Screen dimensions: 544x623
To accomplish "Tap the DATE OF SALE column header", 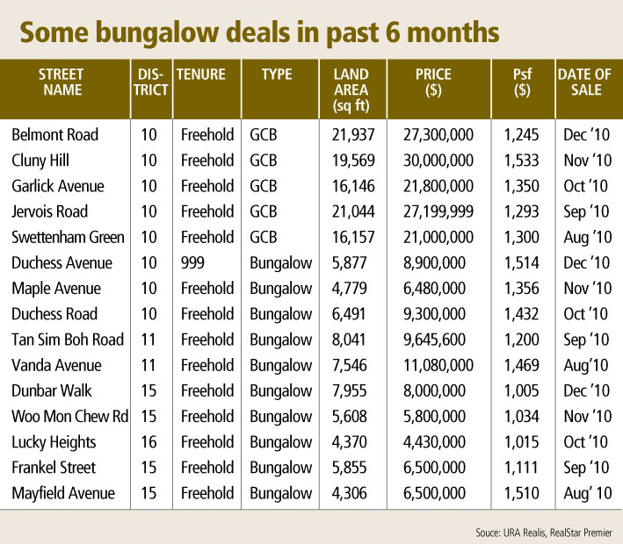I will pyautogui.click(x=584, y=82).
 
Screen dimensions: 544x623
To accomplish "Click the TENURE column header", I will pyautogui.click(x=201, y=75).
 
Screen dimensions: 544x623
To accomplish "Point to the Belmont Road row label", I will pyautogui.click(x=54, y=135).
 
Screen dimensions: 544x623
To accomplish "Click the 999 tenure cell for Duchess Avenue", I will pyautogui.click(x=193, y=263).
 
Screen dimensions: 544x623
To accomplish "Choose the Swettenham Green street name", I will pyautogui.click(x=68, y=237).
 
